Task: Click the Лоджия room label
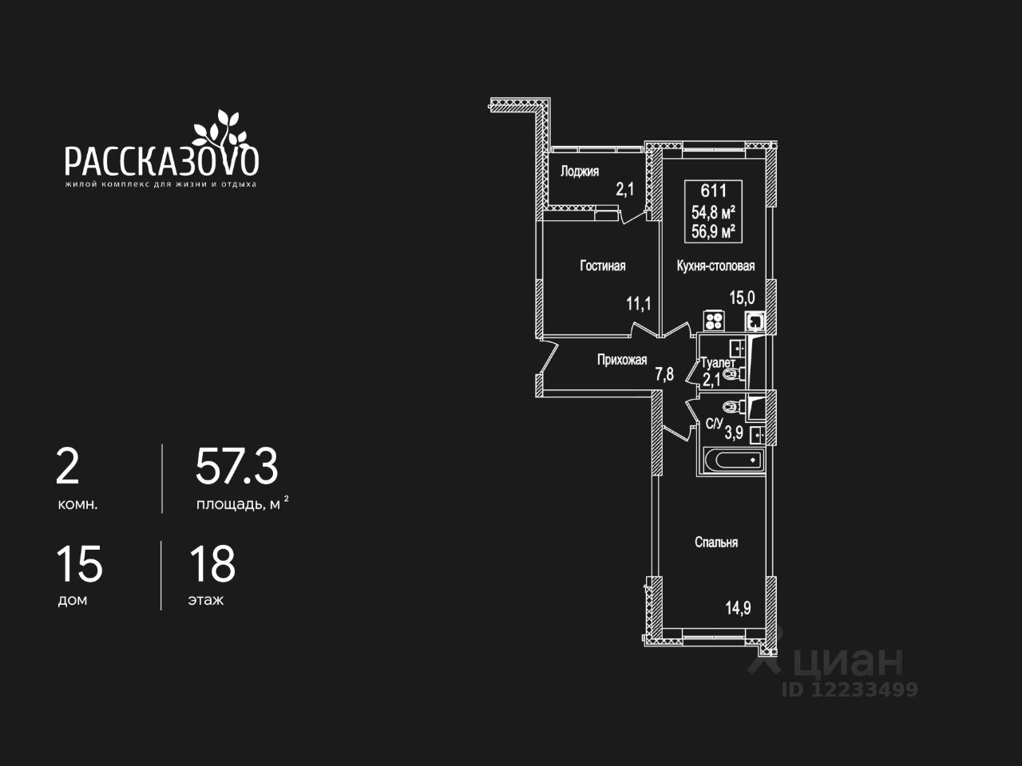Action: point(579,171)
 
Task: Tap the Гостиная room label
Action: point(602,266)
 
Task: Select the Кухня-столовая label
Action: point(715,266)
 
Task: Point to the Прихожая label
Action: point(622,360)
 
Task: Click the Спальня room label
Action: point(716,543)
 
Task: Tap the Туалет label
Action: point(718,363)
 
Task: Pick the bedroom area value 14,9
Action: point(739,608)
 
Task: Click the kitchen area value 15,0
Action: point(742,298)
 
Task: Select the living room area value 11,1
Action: point(639,303)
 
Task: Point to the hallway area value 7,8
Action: point(664,373)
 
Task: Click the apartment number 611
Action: point(713,191)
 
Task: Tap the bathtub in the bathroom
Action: point(731,460)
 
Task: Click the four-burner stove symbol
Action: point(714,321)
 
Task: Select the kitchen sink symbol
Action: point(755,321)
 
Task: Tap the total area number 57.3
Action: point(237,467)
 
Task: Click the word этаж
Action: point(205,600)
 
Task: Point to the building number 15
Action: point(79,564)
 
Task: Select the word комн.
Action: point(77,504)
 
